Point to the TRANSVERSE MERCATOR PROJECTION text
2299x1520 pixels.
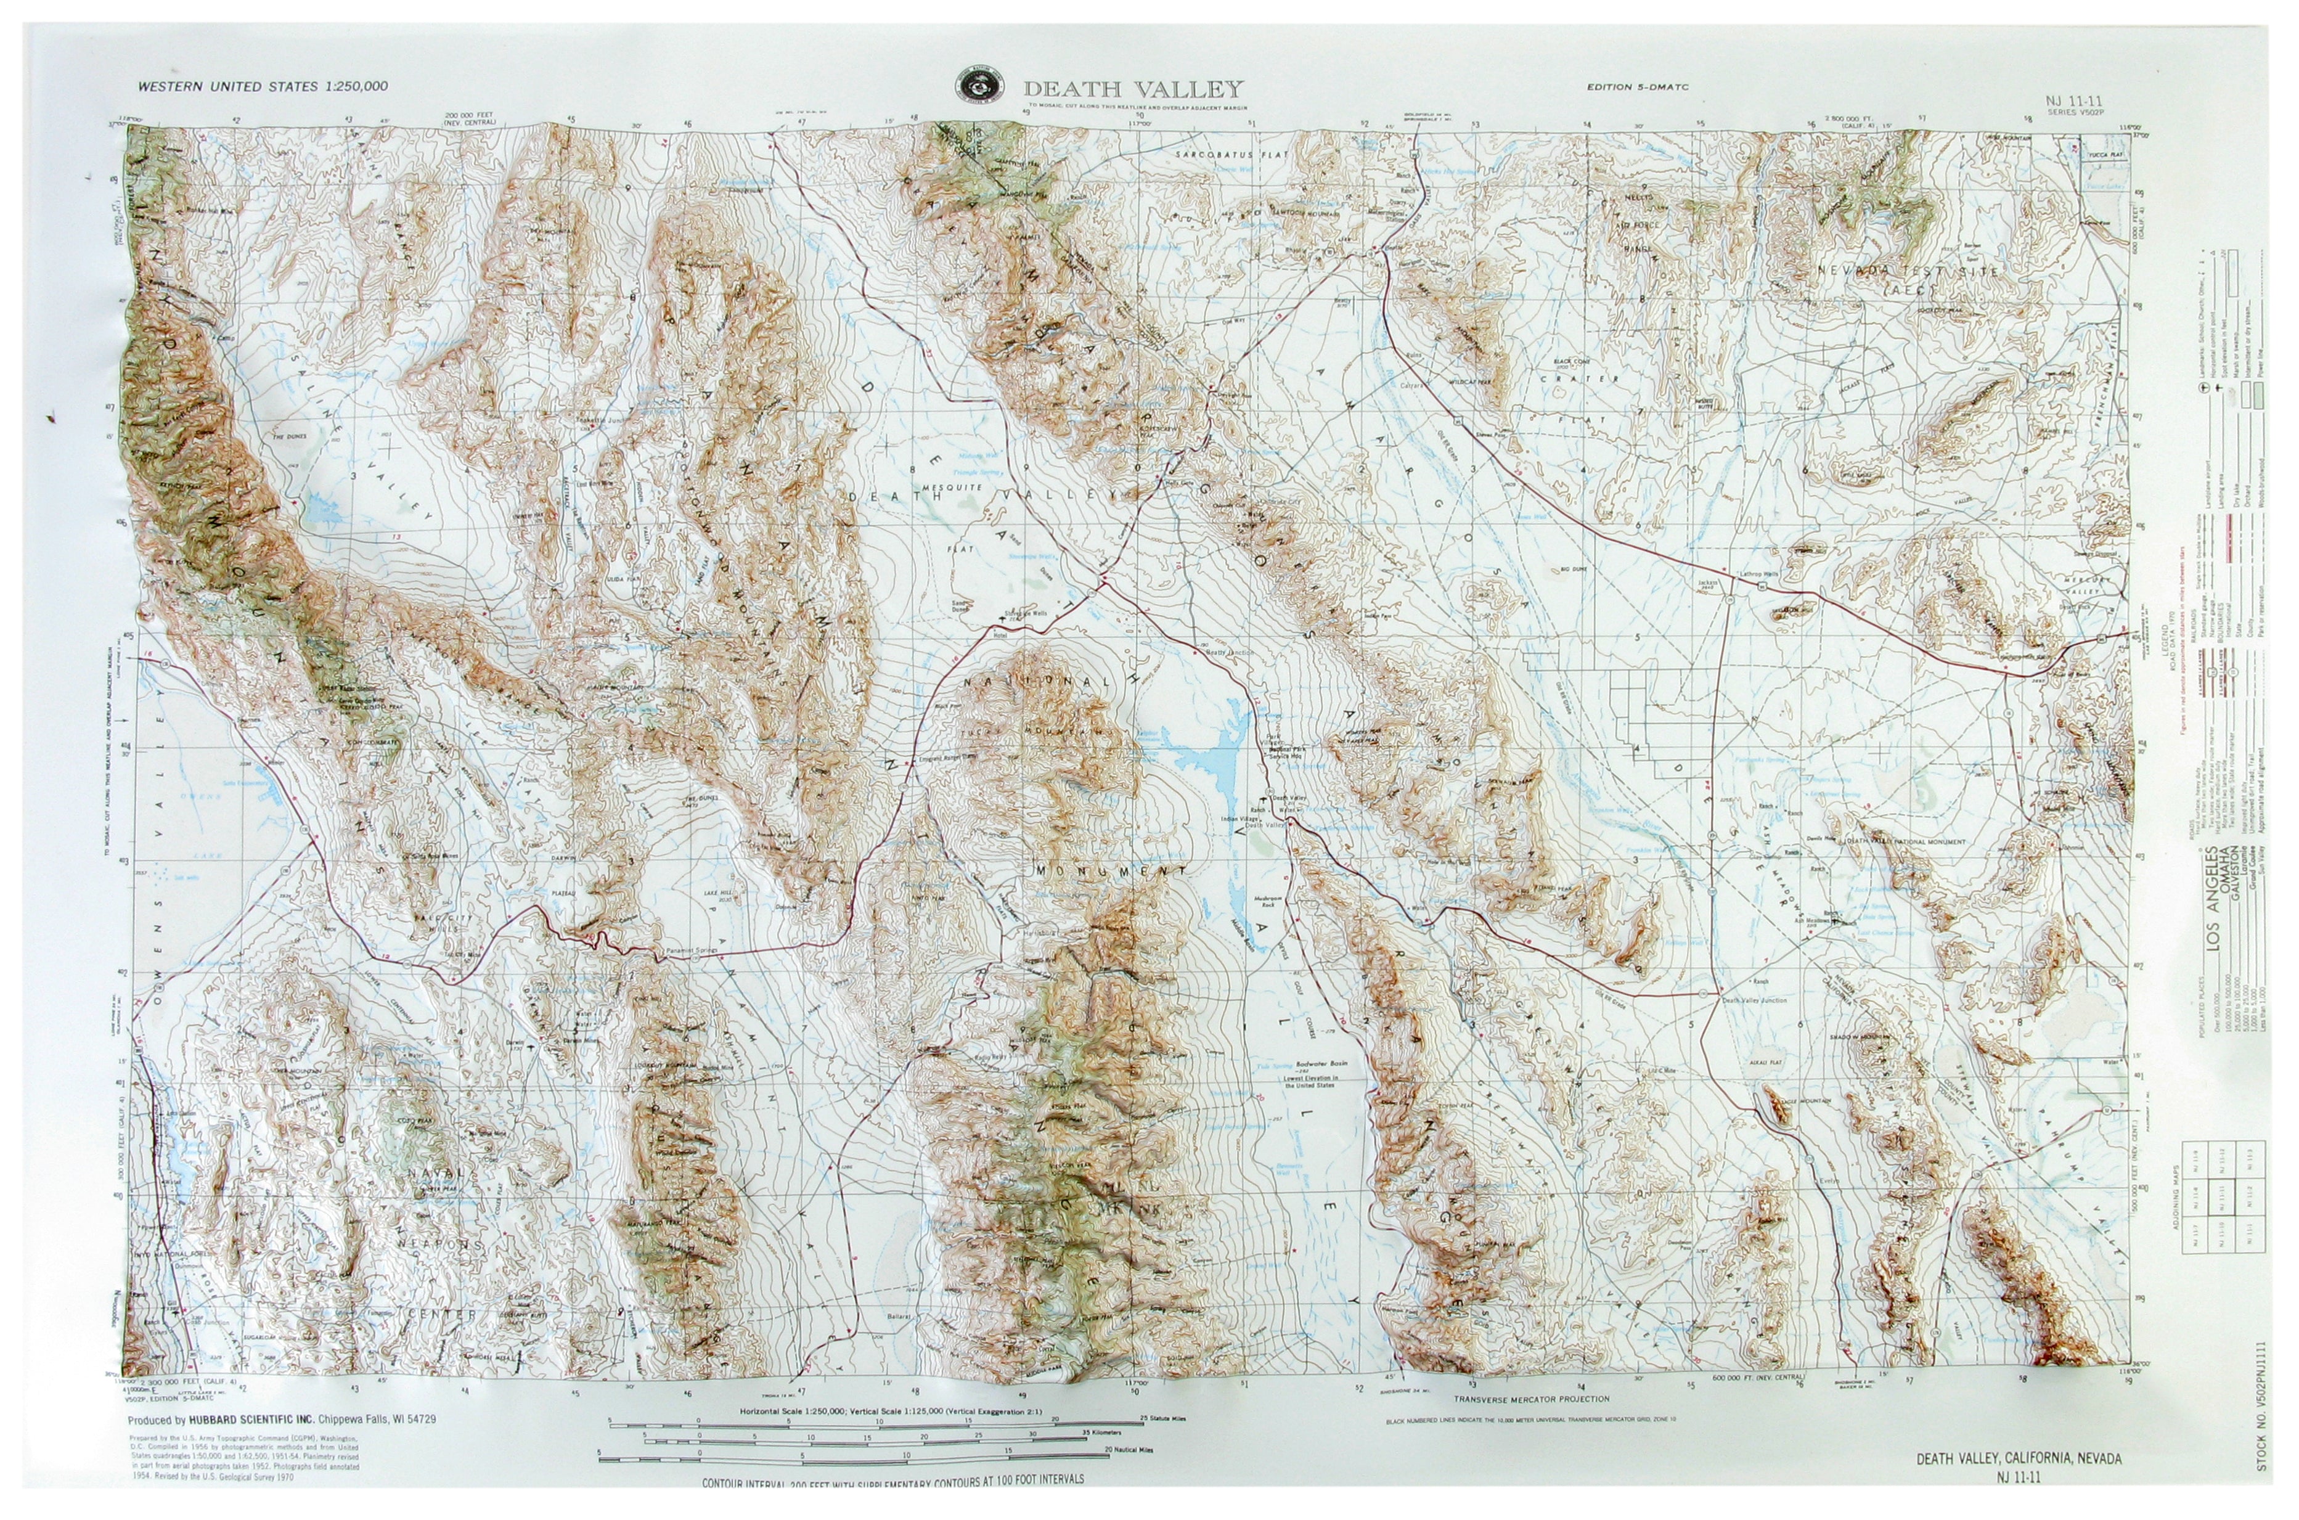click(1532, 1399)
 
